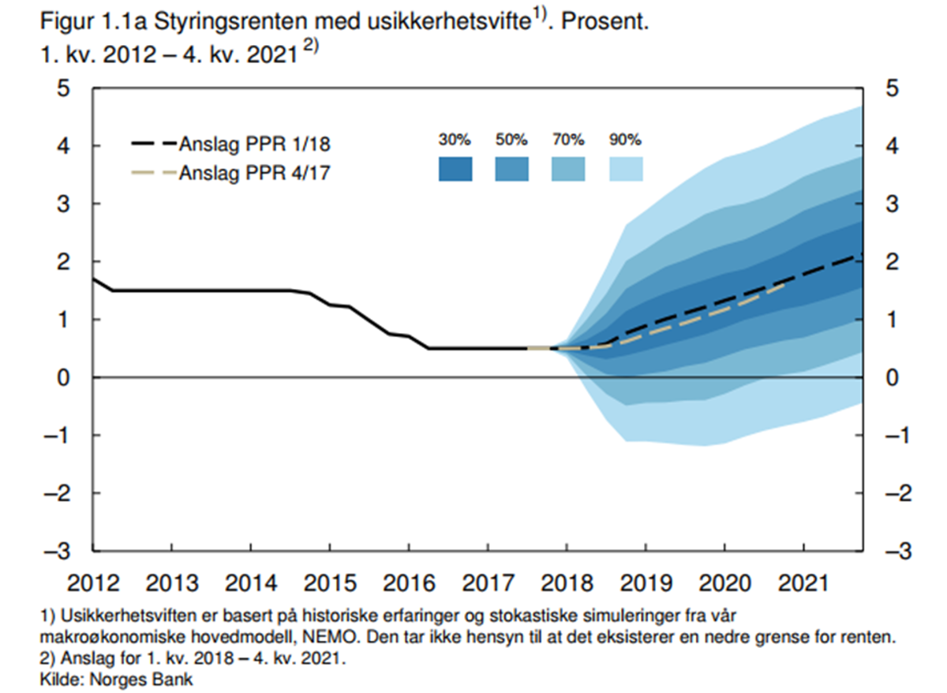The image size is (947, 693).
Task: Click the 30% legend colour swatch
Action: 455,170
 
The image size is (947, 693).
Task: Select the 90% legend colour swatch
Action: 626,170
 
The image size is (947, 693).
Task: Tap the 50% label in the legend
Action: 511,140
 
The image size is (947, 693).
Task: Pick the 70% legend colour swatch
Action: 568,170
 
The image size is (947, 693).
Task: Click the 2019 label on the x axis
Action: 646,586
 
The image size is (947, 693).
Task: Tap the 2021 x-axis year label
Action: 803,586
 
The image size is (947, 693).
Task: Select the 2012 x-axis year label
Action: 94,586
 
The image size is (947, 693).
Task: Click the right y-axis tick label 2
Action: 892,261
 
